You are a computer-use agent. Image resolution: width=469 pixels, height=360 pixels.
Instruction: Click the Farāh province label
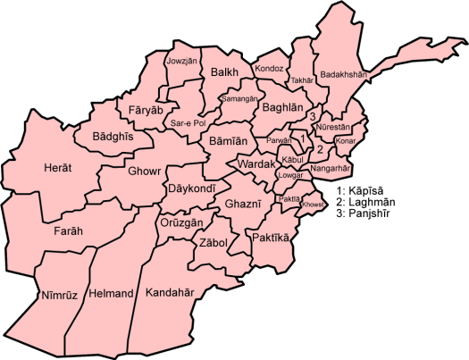pos(68,231)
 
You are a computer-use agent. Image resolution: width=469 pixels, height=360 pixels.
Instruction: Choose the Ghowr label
pos(144,171)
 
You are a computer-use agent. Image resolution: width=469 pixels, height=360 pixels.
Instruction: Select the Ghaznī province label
pos(241,205)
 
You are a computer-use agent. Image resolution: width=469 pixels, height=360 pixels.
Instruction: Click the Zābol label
pos(215,243)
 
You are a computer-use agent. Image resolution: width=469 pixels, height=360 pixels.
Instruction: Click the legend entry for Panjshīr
pos(365,215)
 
